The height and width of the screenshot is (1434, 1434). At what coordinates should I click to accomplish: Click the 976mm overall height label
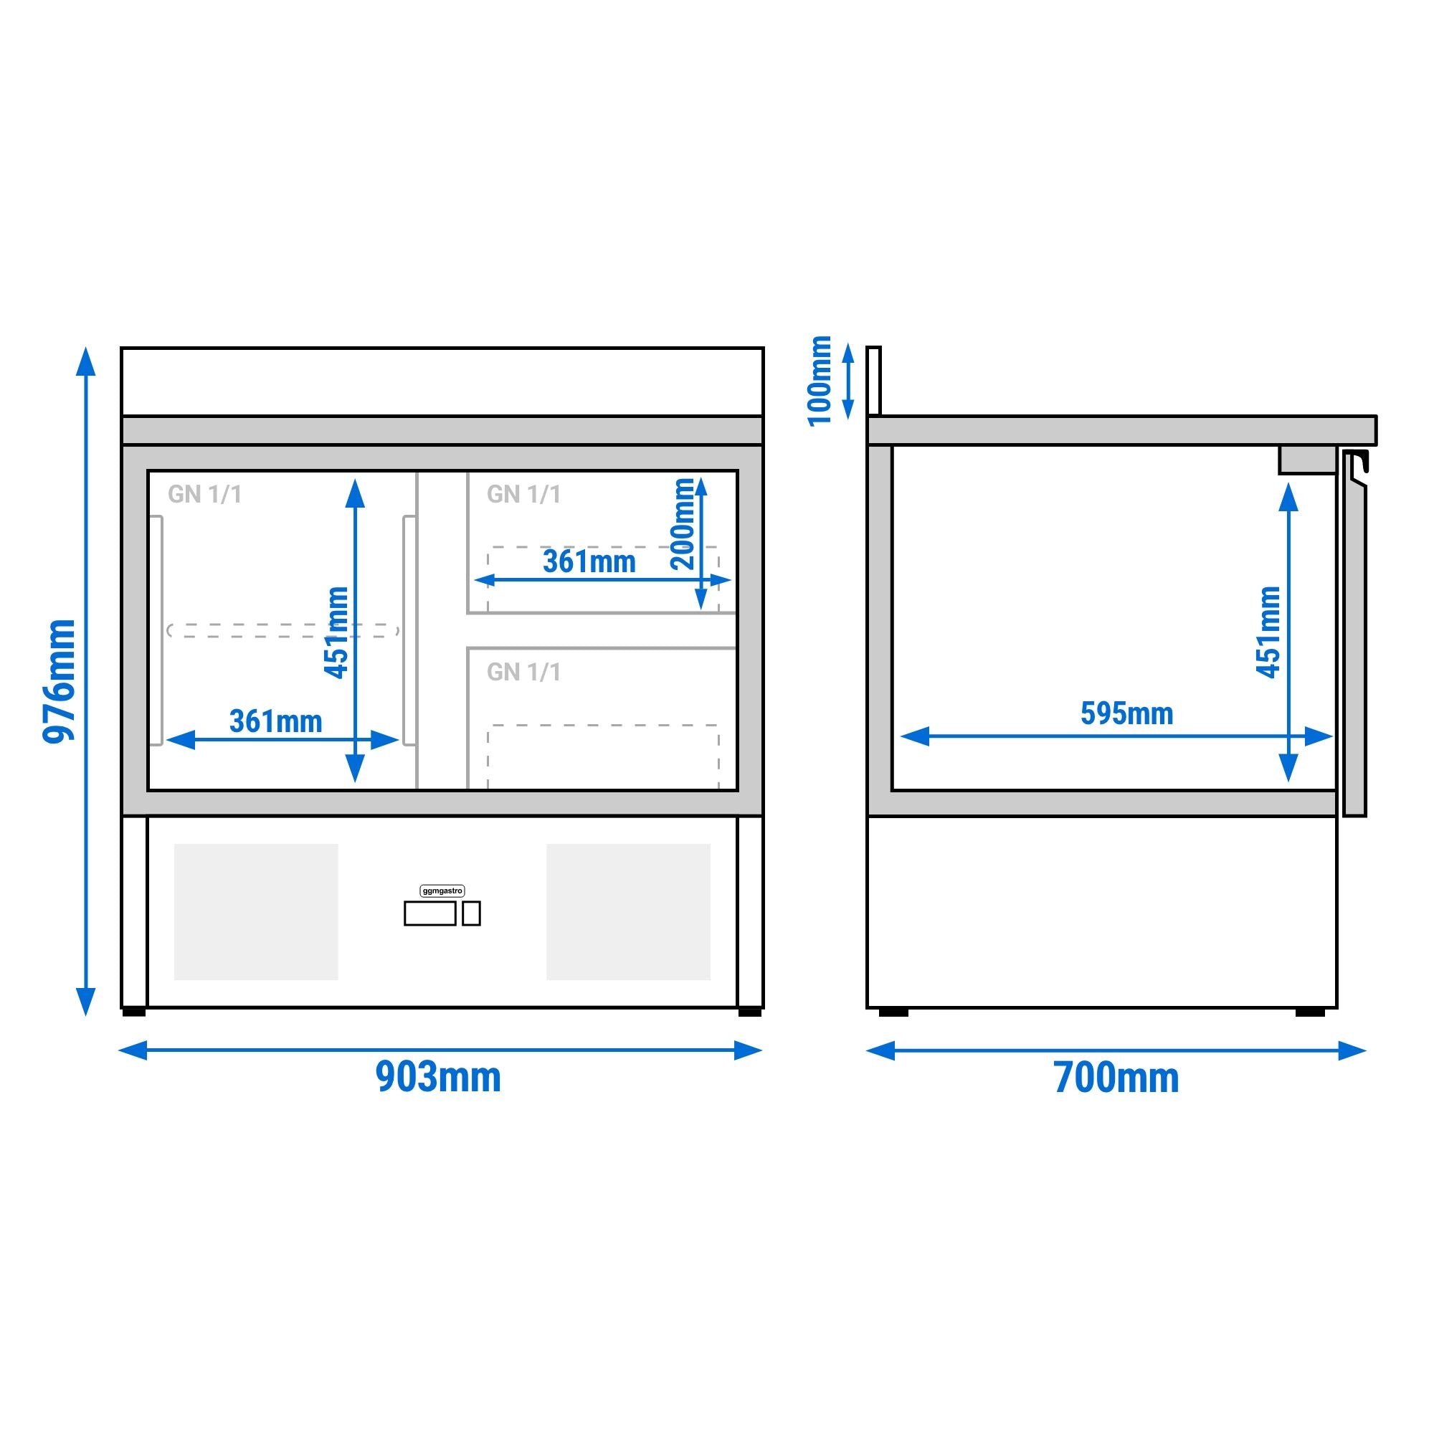[x=60, y=680]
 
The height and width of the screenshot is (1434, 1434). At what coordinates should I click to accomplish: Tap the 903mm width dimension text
[x=439, y=1077]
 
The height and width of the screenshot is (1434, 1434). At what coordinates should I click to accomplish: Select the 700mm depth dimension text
[x=1116, y=1078]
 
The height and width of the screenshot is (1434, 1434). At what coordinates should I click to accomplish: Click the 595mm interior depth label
[x=1126, y=713]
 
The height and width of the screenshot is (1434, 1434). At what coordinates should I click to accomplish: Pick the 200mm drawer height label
[x=683, y=524]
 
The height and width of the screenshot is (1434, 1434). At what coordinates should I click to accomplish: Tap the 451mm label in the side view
[x=1268, y=632]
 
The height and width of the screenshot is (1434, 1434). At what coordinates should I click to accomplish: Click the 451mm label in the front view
[x=336, y=632]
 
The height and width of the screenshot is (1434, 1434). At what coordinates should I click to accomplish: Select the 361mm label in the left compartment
[x=276, y=721]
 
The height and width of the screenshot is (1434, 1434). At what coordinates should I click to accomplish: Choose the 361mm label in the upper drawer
[x=589, y=562]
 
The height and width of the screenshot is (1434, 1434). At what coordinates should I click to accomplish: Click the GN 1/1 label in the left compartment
[x=205, y=494]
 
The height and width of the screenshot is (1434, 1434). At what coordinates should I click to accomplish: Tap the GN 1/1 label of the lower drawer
[x=524, y=673]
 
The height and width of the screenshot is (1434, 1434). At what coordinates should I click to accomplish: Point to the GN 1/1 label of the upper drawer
[x=524, y=494]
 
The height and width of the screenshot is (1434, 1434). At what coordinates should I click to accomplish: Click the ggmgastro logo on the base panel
[x=442, y=891]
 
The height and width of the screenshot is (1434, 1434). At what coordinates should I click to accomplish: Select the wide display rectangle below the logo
[x=429, y=913]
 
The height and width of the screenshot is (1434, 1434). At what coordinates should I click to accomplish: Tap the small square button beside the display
[x=471, y=913]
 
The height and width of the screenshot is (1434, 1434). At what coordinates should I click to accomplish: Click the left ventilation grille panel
[x=256, y=911]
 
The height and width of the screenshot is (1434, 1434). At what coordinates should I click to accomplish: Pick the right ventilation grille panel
[x=629, y=911]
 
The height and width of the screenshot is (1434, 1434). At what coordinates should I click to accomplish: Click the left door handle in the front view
[x=156, y=630]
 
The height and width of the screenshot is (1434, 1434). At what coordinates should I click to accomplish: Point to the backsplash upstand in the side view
[x=873, y=381]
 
